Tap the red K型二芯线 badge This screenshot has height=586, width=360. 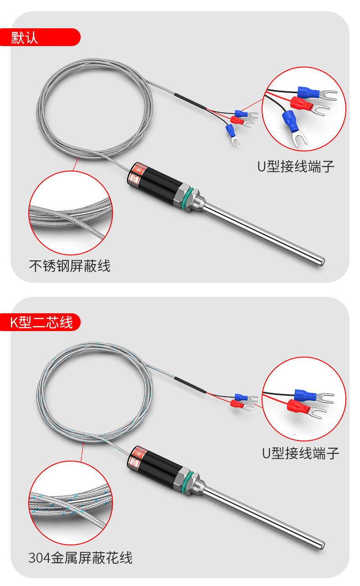[41, 322]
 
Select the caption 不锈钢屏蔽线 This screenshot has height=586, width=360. [70, 266]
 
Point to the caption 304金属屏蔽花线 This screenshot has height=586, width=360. [80, 558]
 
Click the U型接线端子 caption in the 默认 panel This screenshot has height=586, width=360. [296, 166]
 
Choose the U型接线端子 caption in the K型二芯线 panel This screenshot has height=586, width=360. [301, 453]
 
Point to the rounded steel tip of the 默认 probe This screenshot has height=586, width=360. [321, 261]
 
